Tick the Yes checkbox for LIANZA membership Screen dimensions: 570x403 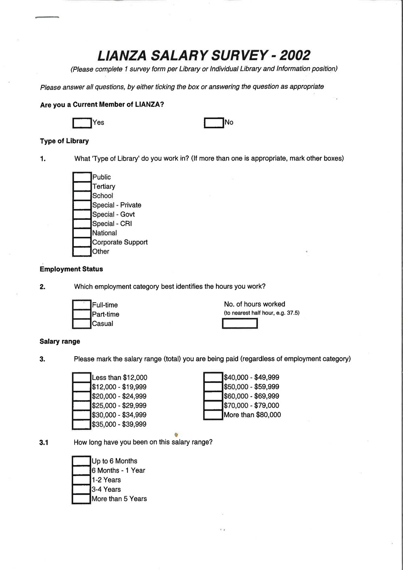coord(82,123)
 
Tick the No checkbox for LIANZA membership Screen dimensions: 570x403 coord(214,123)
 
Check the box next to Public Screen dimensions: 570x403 coord(82,177)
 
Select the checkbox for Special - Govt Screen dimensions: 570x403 coord(82,214)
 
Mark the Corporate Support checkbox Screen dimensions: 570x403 coord(82,242)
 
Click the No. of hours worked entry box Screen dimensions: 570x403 coord(240,324)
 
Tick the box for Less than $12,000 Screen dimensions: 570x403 coord(81,378)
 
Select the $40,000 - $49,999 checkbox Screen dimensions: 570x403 coord(213,378)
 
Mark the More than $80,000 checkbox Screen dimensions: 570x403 coord(213,415)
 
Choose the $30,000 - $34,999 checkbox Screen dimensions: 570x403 coord(81,415)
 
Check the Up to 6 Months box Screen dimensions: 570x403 coord(81,461)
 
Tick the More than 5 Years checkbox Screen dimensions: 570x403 coord(81,499)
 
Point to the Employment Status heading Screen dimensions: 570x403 coord(71,269)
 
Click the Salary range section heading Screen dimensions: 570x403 coord(60,342)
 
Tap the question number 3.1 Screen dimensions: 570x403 coord(44,443)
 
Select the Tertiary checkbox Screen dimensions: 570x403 coord(82,186)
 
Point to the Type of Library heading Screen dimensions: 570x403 coord(65,141)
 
